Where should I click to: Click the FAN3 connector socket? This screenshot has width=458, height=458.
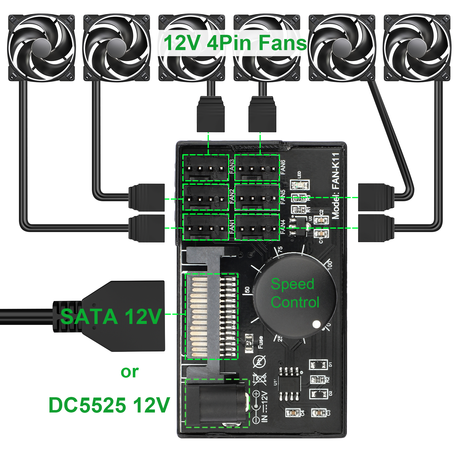coord(205,168)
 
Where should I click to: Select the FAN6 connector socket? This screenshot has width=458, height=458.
coord(257,168)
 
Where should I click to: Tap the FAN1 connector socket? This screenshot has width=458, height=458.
coord(205,227)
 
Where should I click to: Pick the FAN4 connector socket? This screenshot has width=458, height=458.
coord(257,227)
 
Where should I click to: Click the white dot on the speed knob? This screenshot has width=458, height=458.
coord(317,324)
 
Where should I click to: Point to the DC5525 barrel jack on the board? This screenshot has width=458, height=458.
coord(217,403)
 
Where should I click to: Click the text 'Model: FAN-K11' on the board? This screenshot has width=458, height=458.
coord(336,186)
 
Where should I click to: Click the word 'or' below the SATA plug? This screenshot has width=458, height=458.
coord(130,372)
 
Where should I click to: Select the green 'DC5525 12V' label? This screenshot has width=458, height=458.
coord(109,405)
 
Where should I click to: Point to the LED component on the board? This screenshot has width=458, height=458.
coord(300,184)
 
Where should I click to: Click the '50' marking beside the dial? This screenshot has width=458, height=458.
coord(247,290)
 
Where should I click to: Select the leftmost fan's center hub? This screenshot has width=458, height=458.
coord(41,47)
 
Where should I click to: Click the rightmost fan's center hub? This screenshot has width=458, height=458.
coord(417,47)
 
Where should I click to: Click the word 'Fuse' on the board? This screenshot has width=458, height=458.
coord(260,342)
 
